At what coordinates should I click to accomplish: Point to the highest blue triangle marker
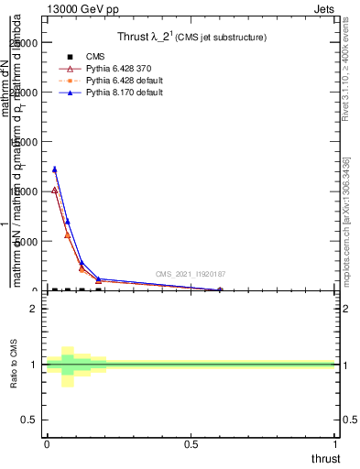pyautogui.click(x=55, y=169)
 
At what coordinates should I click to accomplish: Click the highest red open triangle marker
pyautogui.click(x=55, y=190)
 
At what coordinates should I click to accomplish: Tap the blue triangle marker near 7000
pyautogui.click(x=67, y=221)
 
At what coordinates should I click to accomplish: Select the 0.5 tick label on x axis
pyautogui.click(x=191, y=443)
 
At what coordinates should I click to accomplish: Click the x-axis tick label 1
pyautogui.click(x=337, y=443)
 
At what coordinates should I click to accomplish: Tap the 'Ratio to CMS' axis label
pyautogui.click(x=14, y=365)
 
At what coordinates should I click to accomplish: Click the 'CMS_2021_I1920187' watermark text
pyautogui.click(x=190, y=274)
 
